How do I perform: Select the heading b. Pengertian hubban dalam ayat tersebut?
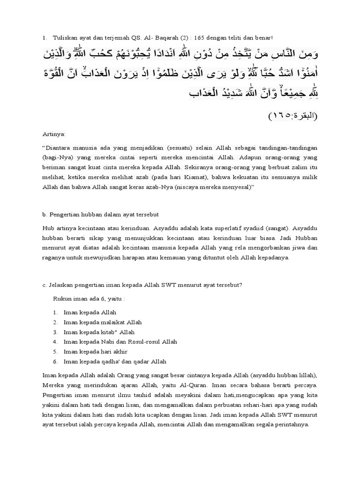click(100, 215)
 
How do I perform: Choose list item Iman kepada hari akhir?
click(95, 352)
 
